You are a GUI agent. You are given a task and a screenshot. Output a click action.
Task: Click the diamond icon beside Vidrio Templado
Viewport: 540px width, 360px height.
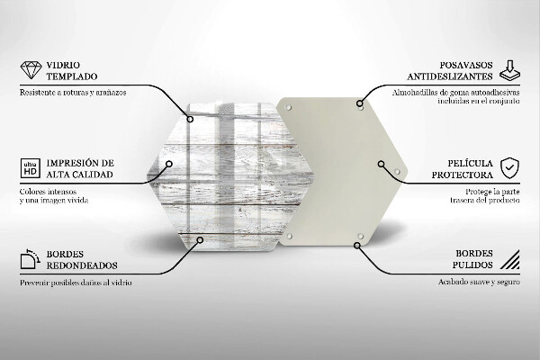pyautogui.click(x=31, y=70)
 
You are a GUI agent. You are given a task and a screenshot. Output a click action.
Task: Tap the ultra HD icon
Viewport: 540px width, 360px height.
pyautogui.click(x=31, y=168)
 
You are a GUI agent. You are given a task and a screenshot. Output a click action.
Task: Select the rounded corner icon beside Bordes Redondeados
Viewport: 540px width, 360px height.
pyautogui.click(x=31, y=259)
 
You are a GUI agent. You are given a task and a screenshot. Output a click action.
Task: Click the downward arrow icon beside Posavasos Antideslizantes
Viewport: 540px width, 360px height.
pyautogui.click(x=509, y=71)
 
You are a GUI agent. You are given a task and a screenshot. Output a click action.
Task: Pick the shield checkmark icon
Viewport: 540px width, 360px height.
pyautogui.click(x=509, y=168)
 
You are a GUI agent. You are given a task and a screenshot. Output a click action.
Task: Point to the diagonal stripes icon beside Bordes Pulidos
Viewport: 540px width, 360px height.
pyautogui.click(x=510, y=259)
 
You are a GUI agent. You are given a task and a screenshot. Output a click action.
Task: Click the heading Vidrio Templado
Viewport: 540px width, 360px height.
pyautogui.click(x=72, y=70)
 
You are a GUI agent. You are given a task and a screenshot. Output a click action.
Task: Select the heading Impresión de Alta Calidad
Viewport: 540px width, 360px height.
pyautogui.click(x=80, y=169)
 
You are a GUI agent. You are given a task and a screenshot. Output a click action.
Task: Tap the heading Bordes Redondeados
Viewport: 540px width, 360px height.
pyautogui.click(x=82, y=260)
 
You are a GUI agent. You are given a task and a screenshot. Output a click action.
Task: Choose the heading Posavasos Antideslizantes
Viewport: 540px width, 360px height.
pyautogui.click(x=450, y=70)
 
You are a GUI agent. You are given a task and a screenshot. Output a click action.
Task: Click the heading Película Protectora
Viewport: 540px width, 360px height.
pyautogui.click(x=463, y=169)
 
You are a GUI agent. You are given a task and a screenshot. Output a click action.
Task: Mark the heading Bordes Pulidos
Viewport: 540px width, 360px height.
pyautogui.click(x=472, y=259)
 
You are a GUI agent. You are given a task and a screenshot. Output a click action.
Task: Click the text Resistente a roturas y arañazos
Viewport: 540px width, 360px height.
pyautogui.click(x=73, y=93)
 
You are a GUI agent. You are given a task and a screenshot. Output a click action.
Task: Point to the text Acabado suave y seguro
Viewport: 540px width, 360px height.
pyautogui.click(x=479, y=282)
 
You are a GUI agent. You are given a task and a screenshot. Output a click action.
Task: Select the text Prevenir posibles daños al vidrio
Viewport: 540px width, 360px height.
pyautogui.click(x=76, y=283)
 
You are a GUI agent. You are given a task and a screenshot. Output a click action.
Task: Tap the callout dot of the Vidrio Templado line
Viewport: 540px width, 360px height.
pyautogui.click(x=190, y=119)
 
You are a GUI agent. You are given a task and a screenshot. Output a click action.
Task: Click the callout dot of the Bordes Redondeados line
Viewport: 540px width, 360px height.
pyautogui.click(x=200, y=239)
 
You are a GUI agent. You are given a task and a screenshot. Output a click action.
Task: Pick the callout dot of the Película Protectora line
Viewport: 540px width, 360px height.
pyautogui.click(x=381, y=164)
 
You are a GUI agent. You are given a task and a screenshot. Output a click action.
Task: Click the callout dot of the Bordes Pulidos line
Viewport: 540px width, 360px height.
pyautogui.click(x=357, y=246)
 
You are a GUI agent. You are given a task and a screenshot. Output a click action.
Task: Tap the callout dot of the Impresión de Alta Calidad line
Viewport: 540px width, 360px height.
pyautogui.click(x=169, y=164)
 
